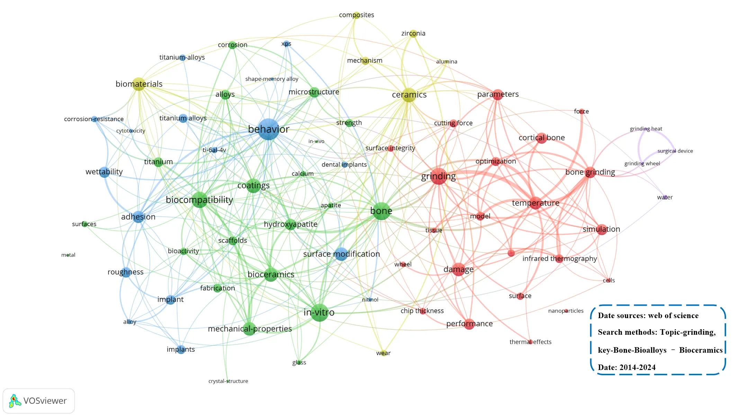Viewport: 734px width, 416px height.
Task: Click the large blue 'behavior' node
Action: tap(269, 129)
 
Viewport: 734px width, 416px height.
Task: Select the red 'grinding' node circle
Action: tap(439, 176)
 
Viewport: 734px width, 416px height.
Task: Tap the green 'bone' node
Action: tap(381, 211)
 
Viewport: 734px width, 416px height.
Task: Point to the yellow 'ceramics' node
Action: tap(409, 95)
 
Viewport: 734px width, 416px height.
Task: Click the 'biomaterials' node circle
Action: tap(138, 84)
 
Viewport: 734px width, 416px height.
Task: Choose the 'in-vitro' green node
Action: tap(319, 313)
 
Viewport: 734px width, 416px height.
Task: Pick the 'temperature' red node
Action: tap(535, 203)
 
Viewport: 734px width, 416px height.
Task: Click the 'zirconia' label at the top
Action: tap(413, 34)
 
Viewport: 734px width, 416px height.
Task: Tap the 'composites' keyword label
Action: tap(356, 15)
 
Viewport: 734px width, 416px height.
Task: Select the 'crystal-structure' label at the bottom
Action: tap(228, 381)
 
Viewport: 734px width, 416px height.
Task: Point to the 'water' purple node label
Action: tap(665, 197)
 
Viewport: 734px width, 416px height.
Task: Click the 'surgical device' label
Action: tap(675, 151)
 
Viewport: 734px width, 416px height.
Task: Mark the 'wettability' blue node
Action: tap(104, 172)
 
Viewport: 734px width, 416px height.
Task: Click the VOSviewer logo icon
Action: tap(14, 401)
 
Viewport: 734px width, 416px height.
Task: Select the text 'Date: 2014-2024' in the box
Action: tap(627, 367)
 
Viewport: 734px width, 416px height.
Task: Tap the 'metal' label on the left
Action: tap(68, 255)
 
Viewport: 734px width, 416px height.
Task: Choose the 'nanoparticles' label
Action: tap(566, 311)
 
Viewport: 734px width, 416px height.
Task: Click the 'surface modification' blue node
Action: tap(341, 254)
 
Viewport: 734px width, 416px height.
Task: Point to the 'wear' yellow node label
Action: tap(383, 353)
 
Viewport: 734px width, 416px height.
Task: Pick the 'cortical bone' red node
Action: tap(541, 138)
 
